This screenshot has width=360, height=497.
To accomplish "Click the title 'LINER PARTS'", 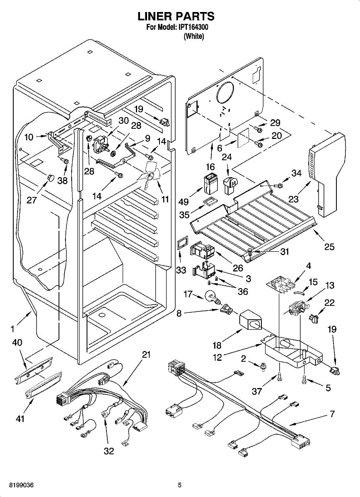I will (x=176, y=17).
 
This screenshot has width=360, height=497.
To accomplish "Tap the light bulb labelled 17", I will (x=211, y=297).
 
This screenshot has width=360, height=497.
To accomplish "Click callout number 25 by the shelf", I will (x=329, y=247).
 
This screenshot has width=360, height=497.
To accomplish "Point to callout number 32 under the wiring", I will (x=109, y=451).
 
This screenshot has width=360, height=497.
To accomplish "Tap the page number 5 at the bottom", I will (x=179, y=485).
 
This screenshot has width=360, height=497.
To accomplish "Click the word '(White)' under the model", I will (x=193, y=36).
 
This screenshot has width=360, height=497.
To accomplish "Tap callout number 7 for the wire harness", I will (x=333, y=414).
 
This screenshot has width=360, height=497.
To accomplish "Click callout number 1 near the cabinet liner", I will (x=13, y=330).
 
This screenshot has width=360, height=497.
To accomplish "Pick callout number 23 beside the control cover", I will (x=293, y=199).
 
